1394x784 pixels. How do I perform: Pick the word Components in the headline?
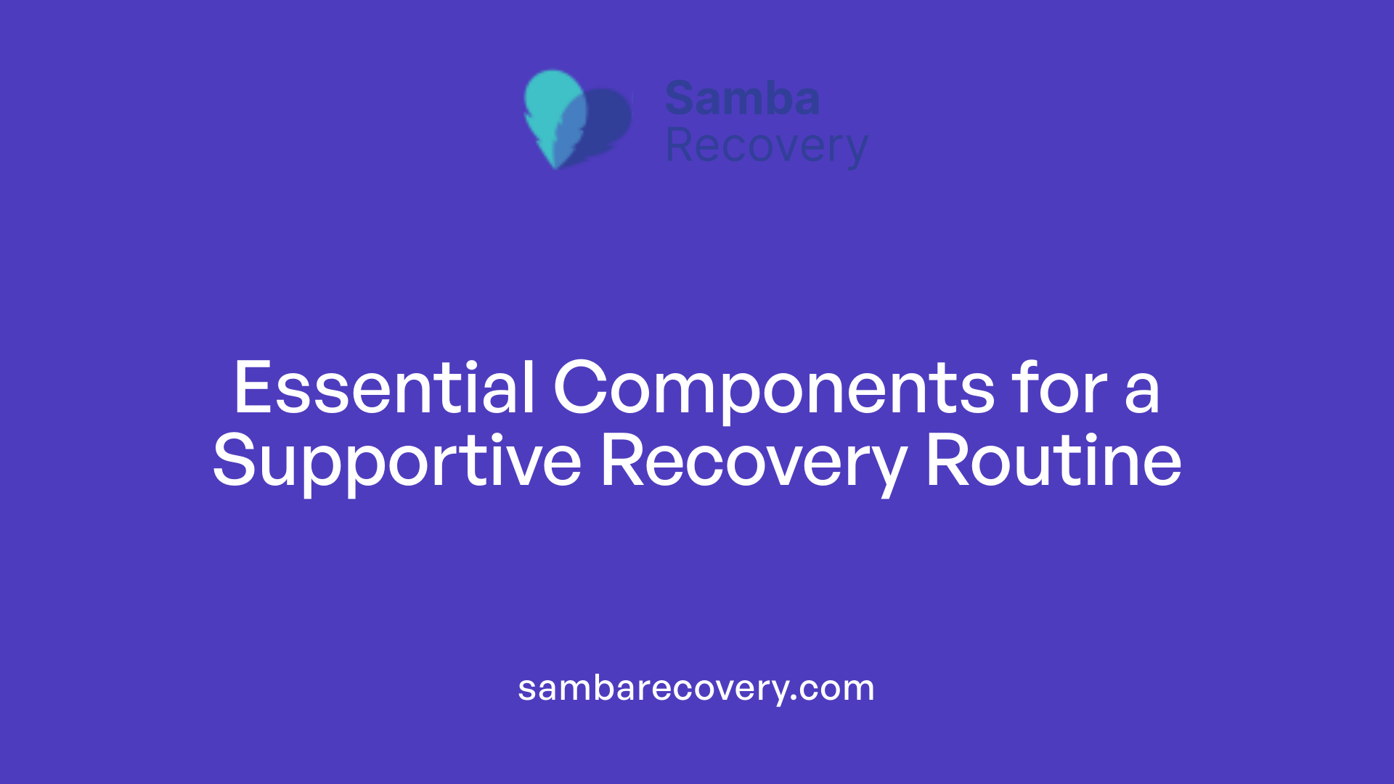coord(774,389)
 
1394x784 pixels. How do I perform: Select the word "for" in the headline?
coord(1061,389)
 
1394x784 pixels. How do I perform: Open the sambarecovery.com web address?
coord(696,688)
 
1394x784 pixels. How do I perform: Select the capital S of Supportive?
coord(235,461)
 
